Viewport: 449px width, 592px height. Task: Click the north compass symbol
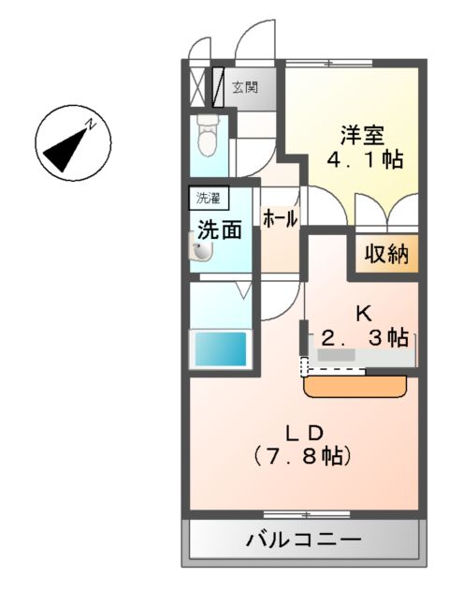(x=72, y=143)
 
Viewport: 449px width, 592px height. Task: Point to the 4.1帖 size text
(x=365, y=160)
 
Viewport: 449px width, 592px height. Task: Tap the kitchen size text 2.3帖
(x=365, y=336)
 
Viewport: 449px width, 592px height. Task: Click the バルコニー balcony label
(x=304, y=540)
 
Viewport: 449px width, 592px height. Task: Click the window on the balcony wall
(x=305, y=513)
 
